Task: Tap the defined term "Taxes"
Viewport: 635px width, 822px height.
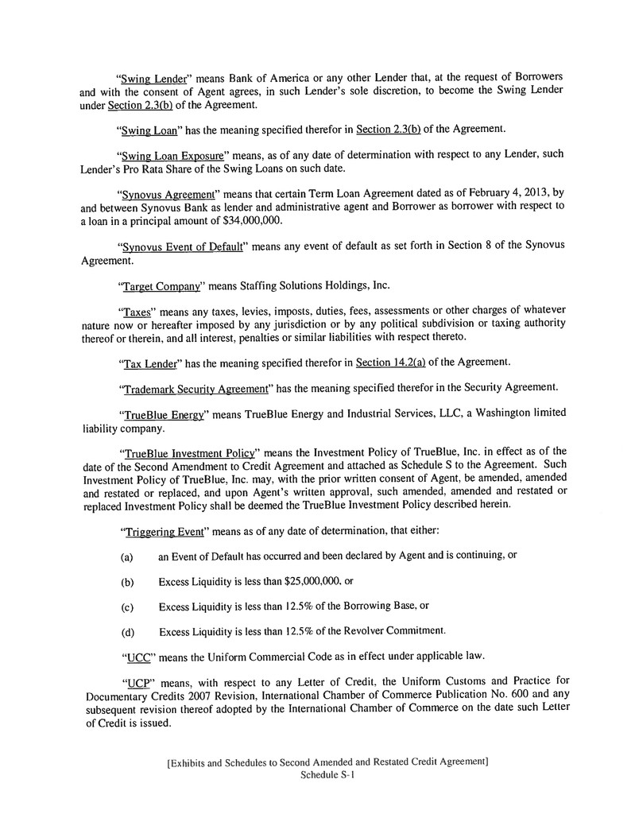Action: click(x=137, y=312)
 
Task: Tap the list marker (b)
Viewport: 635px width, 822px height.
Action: click(x=126, y=582)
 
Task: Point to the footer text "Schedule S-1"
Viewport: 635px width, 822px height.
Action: click(x=326, y=775)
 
